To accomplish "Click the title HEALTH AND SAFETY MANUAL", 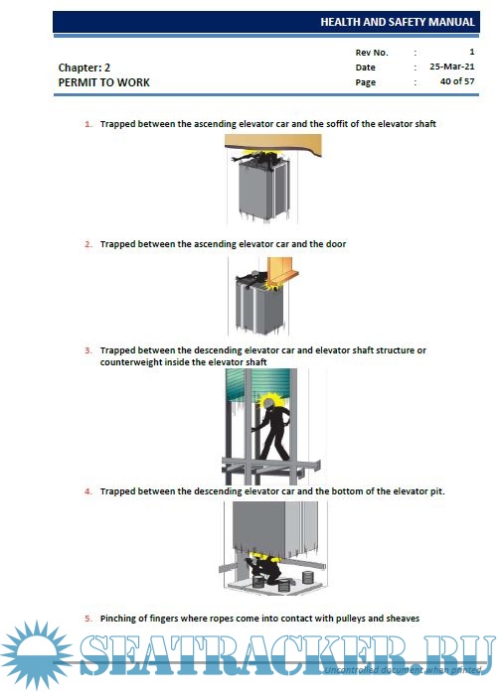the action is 397,22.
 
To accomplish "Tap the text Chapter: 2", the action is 84,68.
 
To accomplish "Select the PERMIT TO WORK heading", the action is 104,82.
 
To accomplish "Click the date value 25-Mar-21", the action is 451,67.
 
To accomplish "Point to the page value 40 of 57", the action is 457,81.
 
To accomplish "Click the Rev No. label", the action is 372,53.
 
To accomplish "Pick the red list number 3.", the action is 88,350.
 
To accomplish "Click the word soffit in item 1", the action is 337,124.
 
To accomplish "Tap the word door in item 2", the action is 336,244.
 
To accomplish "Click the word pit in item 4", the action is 436,491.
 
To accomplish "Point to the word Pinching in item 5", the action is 118,619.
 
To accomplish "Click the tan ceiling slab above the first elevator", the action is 272,143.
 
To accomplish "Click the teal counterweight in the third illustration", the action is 257,385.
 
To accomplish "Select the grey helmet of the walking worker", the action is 268,403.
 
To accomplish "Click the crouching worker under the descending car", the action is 264,571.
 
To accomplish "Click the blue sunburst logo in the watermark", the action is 37,655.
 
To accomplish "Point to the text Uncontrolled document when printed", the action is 403,670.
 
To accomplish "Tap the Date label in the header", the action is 365,68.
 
